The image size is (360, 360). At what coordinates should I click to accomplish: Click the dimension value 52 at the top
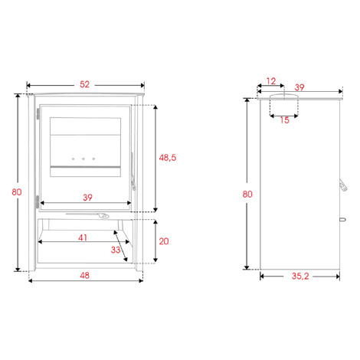pyautogui.click(x=84, y=84)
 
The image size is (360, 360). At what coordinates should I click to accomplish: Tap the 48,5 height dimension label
pyautogui.click(x=168, y=158)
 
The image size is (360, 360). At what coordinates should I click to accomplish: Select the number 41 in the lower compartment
pyautogui.click(x=83, y=237)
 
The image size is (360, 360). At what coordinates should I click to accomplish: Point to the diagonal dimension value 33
pyautogui.click(x=116, y=250)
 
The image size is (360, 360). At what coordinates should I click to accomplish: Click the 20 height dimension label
pyautogui.click(x=164, y=241)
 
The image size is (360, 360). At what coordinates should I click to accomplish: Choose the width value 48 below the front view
pyautogui.click(x=84, y=276)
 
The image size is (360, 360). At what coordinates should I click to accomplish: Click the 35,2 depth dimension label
pyautogui.click(x=300, y=277)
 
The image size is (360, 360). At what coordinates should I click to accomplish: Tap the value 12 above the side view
pyautogui.click(x=271, y=81)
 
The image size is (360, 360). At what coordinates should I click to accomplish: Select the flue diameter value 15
pyautogui.click(x=284, y=120)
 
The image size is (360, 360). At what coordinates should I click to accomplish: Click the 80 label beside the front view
pyautogui.click(x=17, y=192)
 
